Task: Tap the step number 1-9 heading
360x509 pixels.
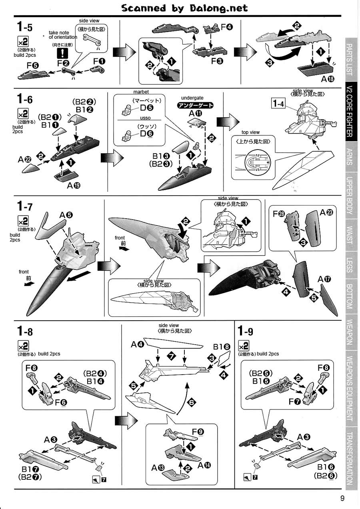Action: coord(245,331)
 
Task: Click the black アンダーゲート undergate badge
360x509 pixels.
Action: coord(195,105)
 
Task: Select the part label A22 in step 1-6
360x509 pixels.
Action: coord(25,159)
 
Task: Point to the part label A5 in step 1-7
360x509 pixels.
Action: coord(66,215)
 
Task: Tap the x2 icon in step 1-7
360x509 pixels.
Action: coord(23,221)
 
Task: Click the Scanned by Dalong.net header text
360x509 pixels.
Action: coord(184,8)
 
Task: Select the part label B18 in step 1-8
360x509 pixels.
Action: coord(222,347)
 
